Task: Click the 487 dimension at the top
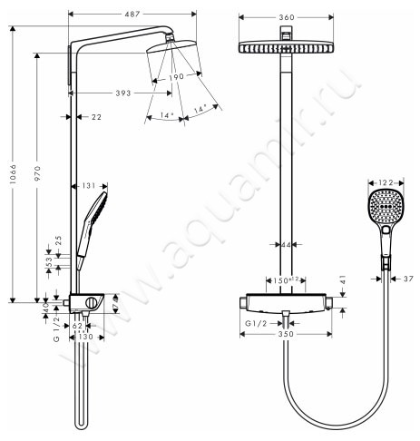pyautogui.click(x=133, y=7)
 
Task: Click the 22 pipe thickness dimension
pyautogui.click(x=97, y=116)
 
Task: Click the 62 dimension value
pyautogui.click(x=77, y=326)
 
